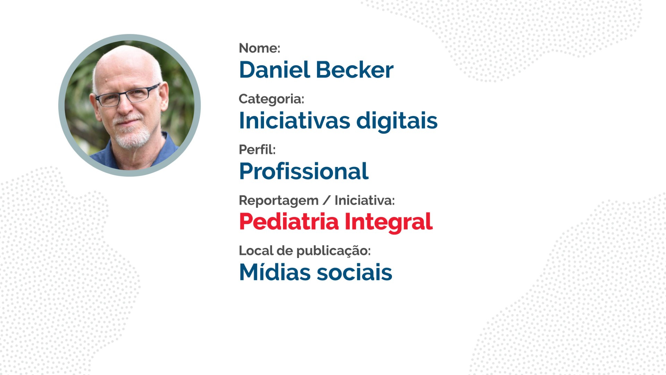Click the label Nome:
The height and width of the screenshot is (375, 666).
(x=259, y=48)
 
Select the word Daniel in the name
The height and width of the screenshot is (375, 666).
(x=274, y=70)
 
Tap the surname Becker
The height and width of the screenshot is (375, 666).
(x=355, y=70)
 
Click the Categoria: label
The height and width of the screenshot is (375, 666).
(x=271, y=99)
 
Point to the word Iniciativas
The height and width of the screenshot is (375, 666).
(x=294, y=120)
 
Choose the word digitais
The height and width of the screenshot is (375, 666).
(x=397, y=122)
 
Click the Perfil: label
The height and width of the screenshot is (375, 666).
(x=257, y=150)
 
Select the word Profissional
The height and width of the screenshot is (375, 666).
(x=304, y=171)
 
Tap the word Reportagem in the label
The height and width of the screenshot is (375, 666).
(x=279, y=201)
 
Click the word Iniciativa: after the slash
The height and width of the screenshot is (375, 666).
(x=365, y=200)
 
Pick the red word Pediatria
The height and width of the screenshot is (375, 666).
(x=289, y=222)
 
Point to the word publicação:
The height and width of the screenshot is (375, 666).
(x=334, y=251)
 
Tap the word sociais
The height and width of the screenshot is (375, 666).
(x=355, y=272)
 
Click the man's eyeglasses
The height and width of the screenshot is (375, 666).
(x=128, y=95)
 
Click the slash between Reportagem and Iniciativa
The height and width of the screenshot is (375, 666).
(x=326, y=200)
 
